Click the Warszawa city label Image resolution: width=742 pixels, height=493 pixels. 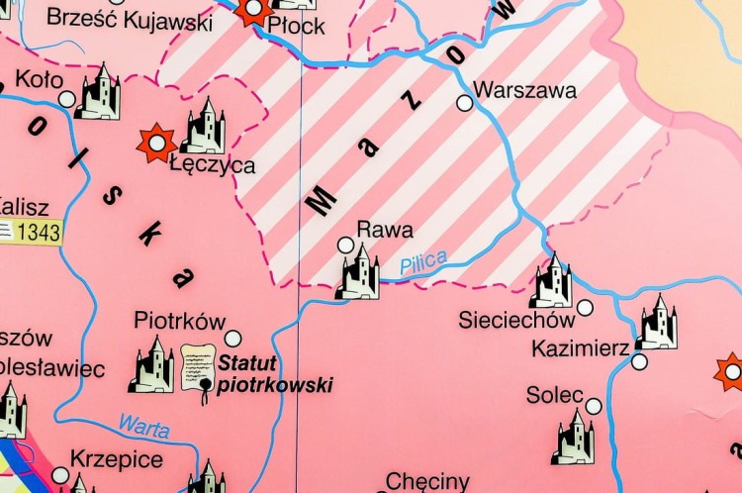(525, 90)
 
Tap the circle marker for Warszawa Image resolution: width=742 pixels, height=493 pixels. (464, 102)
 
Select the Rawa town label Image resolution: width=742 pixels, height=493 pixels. (385, 230)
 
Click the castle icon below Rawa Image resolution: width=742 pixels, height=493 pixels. (357, 272)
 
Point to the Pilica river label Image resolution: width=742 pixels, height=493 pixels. (423, 263)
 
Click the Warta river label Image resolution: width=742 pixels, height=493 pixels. (143, 426)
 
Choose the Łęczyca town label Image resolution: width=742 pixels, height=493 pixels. (213, 165)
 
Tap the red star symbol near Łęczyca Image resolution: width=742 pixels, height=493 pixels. (156, 143)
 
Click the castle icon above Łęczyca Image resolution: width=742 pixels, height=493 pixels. (204, 127)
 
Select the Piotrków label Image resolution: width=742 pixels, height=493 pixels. (174, 321)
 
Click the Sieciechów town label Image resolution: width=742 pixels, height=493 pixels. (516, 320)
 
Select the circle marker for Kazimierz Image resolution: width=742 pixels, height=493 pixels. (639, 362)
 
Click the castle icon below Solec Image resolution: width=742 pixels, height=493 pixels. (574, 438)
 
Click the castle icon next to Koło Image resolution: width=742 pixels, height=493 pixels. (98, 93)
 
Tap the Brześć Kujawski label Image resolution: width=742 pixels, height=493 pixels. (129, 20)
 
